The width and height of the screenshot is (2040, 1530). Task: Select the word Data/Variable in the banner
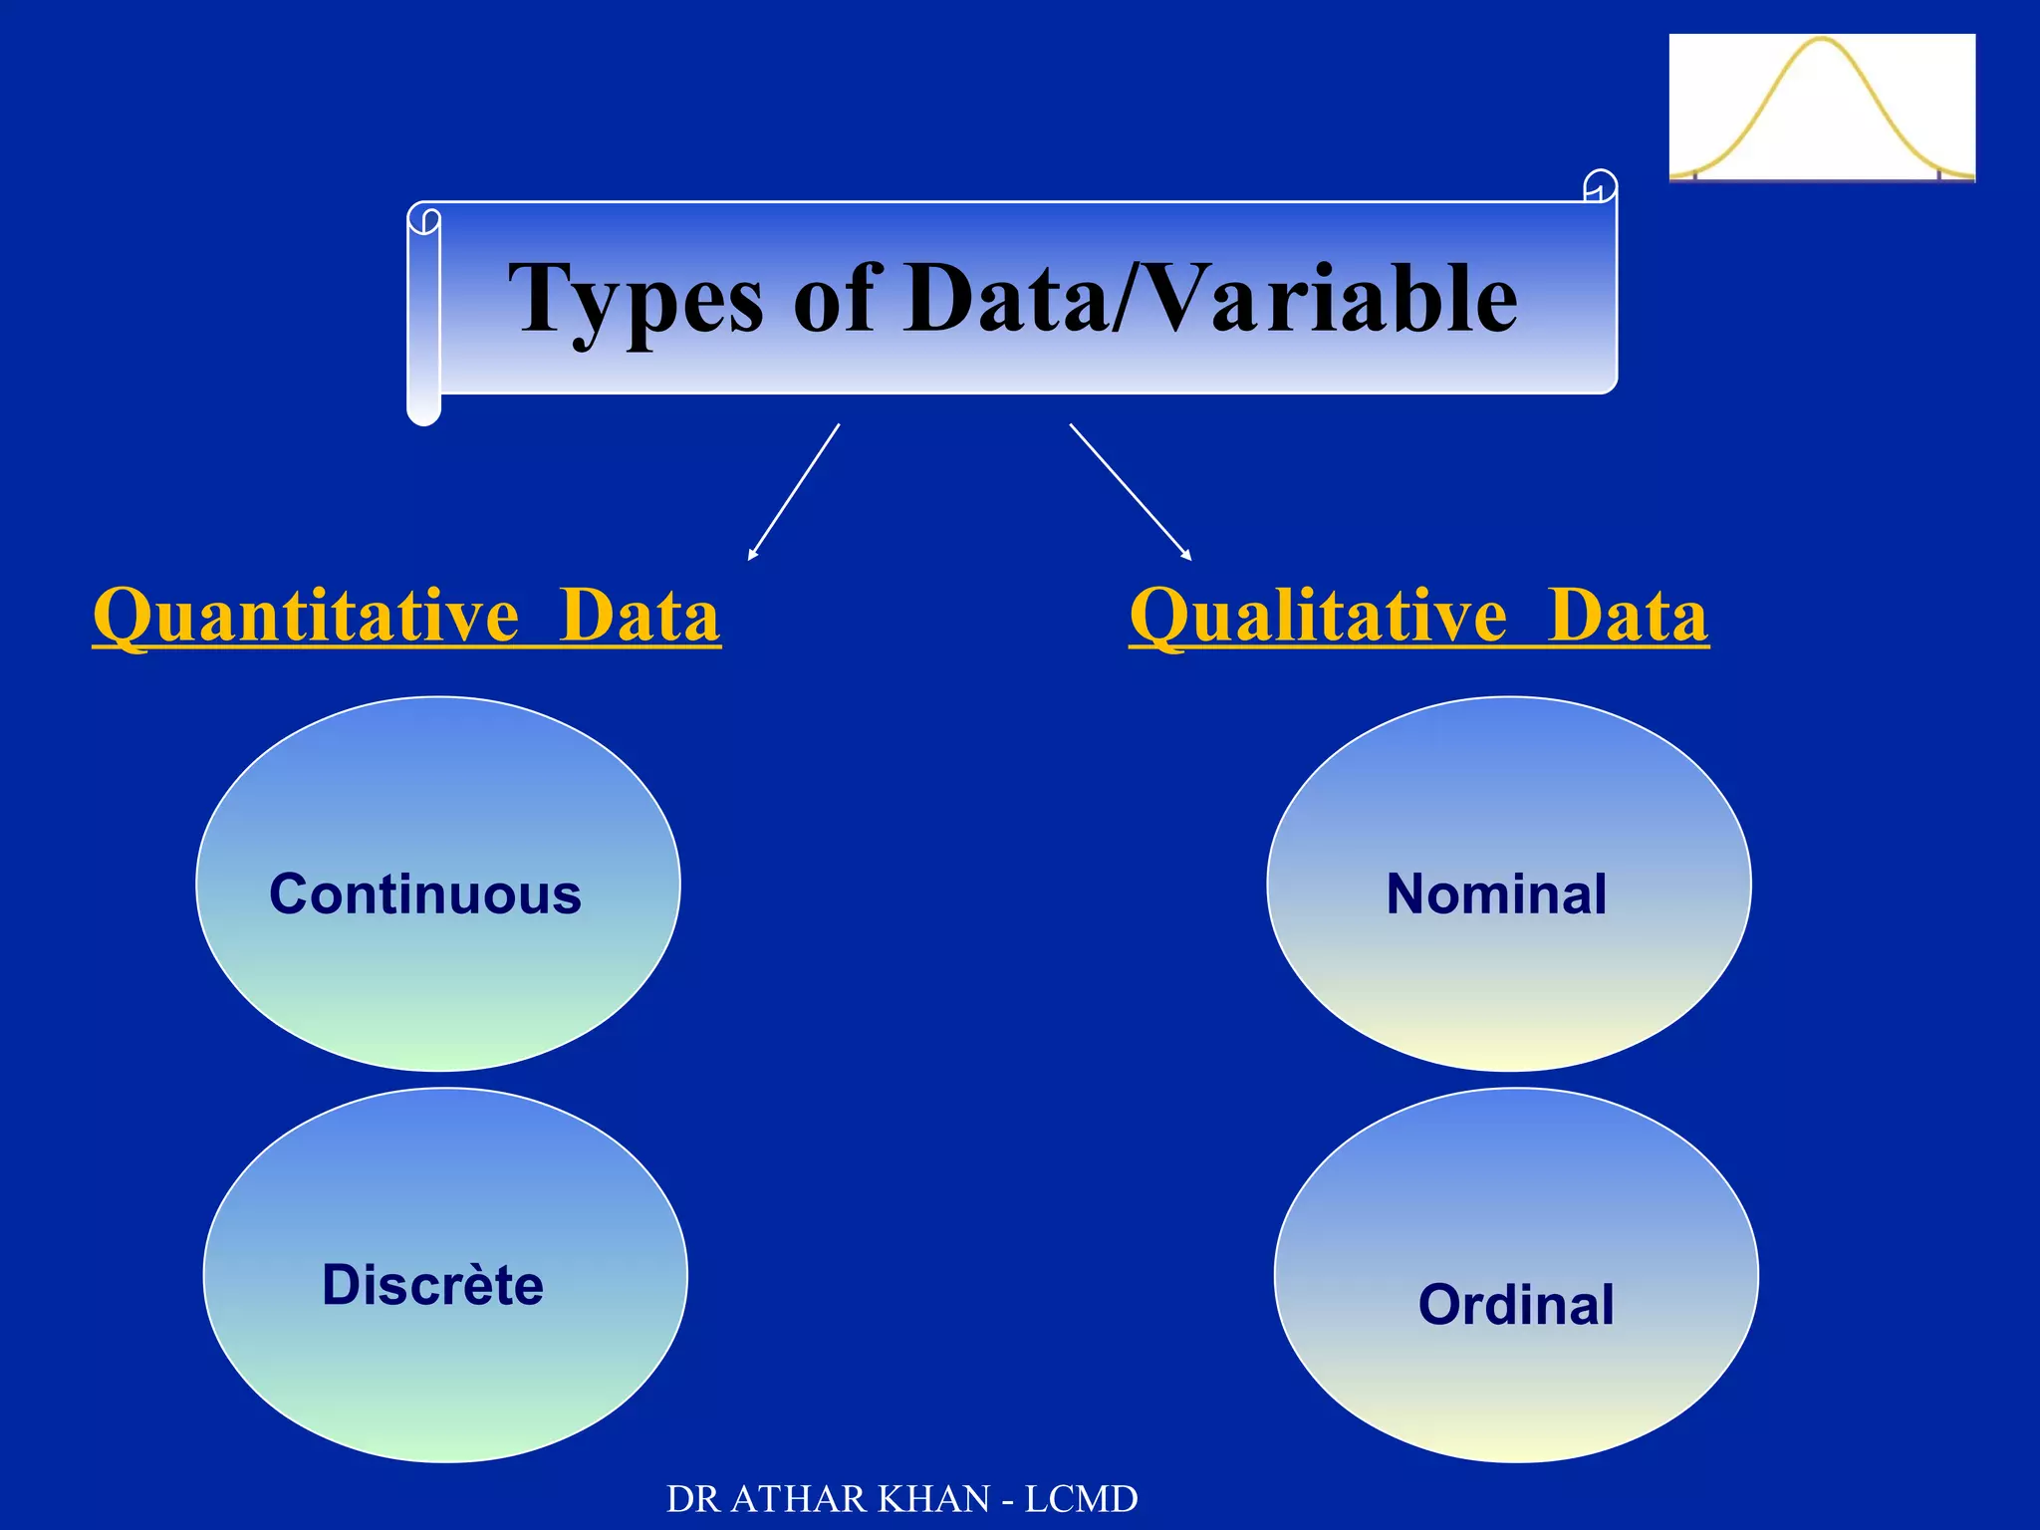click(1211, 299)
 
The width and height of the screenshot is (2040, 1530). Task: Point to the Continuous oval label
click(425, 893)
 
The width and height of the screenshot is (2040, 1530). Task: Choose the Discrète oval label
click(432, 1284)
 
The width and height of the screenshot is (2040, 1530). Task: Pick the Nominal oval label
click(1496, 893)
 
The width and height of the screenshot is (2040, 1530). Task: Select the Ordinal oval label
click(1515, 1304)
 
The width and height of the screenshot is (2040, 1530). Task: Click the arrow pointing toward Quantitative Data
click(794, 492)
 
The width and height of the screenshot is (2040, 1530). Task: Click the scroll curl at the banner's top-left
click(424, 219)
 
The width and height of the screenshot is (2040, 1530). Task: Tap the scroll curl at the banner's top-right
click(1600, 185)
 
